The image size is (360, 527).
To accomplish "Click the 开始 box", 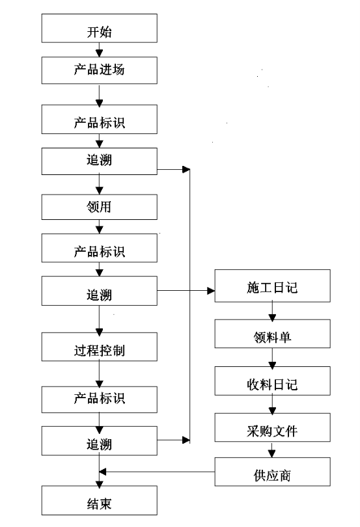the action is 99,28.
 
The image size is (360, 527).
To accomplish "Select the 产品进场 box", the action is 99,70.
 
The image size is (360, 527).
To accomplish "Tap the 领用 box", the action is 99,207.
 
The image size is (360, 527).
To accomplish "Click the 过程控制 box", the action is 99,347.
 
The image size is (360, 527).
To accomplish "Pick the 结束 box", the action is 99,500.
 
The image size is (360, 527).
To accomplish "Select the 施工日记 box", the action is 273,286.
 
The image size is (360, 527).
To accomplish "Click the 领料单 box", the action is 273,334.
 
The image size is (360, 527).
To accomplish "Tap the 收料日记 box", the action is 273,381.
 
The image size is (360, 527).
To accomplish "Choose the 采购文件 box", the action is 273,427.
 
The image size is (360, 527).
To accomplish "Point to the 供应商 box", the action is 273,472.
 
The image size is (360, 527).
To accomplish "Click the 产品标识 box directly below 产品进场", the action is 99,119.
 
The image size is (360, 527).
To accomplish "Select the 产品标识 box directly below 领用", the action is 99,248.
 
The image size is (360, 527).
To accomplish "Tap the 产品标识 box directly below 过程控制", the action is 99,399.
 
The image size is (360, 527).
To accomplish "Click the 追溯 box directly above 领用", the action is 99,161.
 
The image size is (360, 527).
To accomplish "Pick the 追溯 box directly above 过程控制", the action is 99,291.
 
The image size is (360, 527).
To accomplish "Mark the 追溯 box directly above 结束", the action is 99,441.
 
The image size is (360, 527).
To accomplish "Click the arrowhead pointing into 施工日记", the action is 211,291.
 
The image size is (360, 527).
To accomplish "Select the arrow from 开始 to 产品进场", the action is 99,49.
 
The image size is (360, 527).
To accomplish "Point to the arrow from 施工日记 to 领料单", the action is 273,311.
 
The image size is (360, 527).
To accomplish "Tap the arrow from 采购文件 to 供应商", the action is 272,450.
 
